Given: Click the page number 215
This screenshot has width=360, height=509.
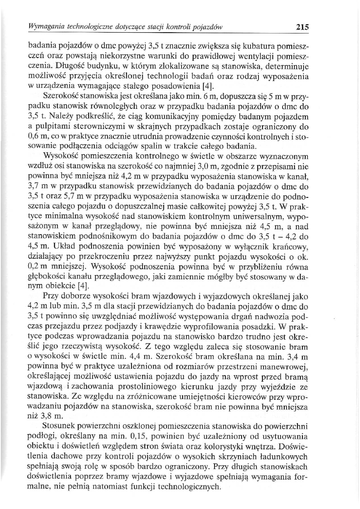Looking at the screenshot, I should (x=302, y=28).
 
